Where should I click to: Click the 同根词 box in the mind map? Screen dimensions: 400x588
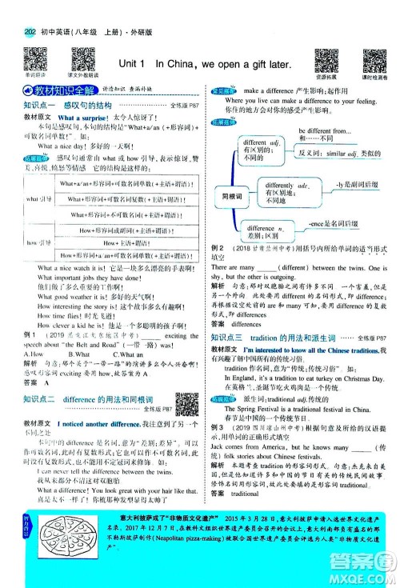232,195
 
